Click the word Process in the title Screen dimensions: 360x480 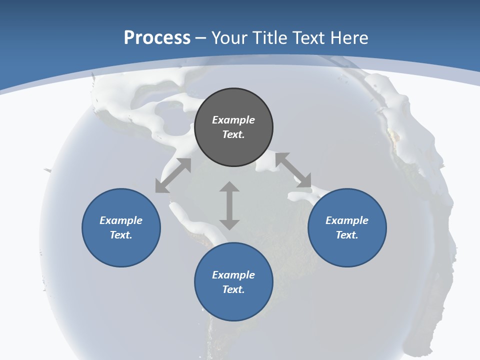157,38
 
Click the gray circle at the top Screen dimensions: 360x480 233,127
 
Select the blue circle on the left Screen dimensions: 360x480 121,227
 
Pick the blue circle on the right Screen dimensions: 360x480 347,227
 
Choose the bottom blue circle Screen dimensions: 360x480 233,282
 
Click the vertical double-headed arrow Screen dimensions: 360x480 229,205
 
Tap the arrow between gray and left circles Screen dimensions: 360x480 173,175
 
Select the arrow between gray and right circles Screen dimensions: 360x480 293,170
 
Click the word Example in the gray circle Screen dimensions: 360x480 233,120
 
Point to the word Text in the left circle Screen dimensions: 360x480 121,235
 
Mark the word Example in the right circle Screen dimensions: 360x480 347,220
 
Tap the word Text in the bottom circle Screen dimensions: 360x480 233,289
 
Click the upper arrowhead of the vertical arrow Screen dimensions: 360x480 229,186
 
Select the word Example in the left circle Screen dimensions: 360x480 121,220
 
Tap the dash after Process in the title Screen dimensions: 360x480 201,38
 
